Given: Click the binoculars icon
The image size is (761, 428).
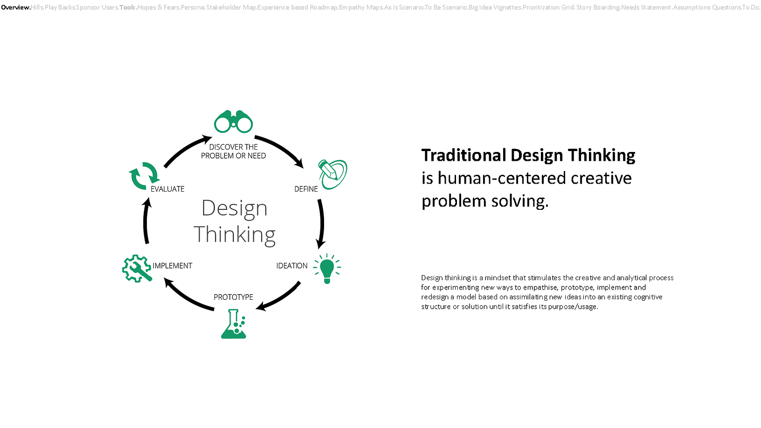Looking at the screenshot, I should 233,122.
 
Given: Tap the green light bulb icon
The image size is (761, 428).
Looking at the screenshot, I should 327,269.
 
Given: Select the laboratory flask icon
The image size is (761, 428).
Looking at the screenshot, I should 234,324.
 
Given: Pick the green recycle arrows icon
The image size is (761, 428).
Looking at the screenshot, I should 144,176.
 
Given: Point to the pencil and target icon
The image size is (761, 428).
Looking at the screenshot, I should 333,174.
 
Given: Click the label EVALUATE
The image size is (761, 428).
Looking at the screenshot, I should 167,189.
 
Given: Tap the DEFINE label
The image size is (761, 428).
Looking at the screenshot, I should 306,189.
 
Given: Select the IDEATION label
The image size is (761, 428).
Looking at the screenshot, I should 291,266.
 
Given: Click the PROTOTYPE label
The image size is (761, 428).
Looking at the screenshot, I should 233,297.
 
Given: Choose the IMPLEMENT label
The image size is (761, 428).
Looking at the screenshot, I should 172,266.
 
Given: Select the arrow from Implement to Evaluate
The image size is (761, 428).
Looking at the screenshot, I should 146,221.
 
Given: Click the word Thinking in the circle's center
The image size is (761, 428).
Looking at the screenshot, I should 235,235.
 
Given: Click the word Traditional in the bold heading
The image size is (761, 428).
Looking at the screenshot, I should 464,155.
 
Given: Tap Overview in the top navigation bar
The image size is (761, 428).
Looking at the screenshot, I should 15,7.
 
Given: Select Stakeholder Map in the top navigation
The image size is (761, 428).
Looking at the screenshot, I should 231,7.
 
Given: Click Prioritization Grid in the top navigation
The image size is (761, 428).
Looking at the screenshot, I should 548,7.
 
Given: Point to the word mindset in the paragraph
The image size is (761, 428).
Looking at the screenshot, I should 498,278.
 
